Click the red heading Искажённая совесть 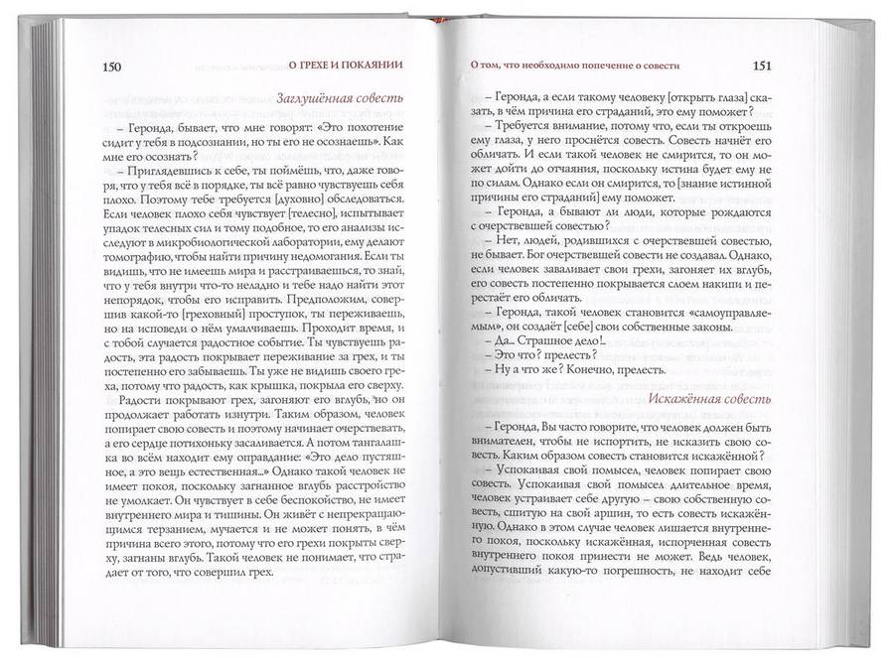coord(709,400)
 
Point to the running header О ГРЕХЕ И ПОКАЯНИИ coord(344,67)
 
